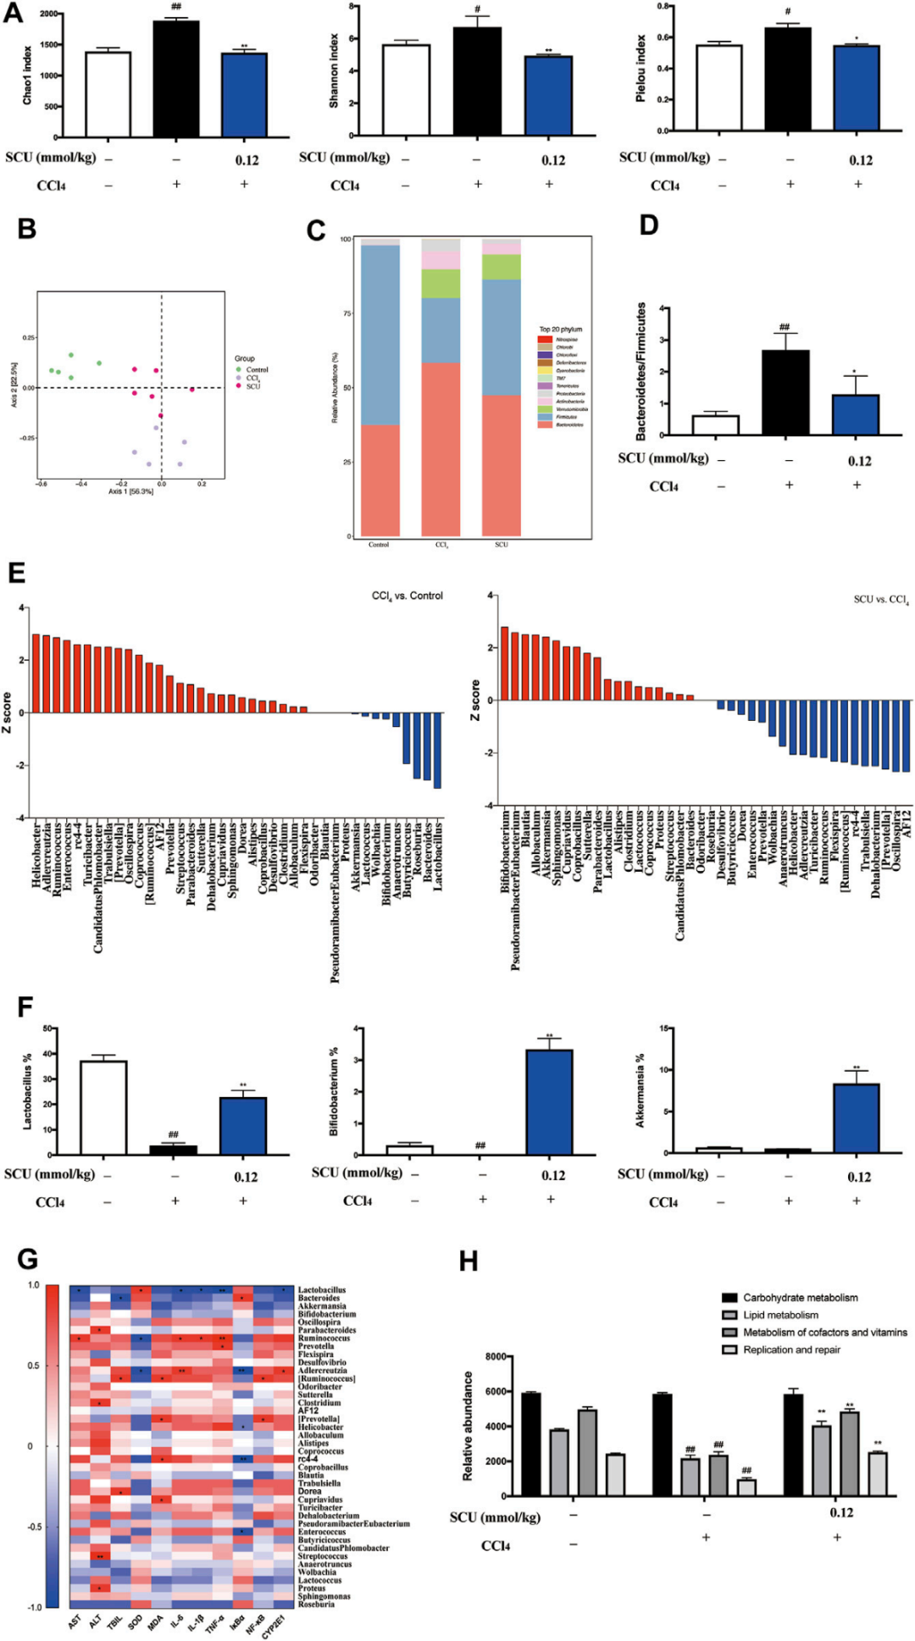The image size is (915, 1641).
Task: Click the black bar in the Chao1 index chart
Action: pos(175,79)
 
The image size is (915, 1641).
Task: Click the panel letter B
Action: pos(27,229)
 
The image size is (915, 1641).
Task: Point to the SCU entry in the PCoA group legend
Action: pos(253,386)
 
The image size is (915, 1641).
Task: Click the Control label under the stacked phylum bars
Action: pos(379,545)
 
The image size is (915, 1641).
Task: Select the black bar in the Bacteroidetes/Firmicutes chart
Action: pos(785,392)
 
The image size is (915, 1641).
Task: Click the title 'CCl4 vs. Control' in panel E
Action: pos(407,596)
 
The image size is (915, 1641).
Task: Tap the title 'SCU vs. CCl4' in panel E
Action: pos(880,600)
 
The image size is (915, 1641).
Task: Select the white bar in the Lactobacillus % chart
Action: pos(103,1107)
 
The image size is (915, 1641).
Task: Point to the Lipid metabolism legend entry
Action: pos(779,1315)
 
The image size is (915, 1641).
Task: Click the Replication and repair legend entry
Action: pos(790,1350)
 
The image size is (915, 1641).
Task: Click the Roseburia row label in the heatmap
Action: pos(315,1604)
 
